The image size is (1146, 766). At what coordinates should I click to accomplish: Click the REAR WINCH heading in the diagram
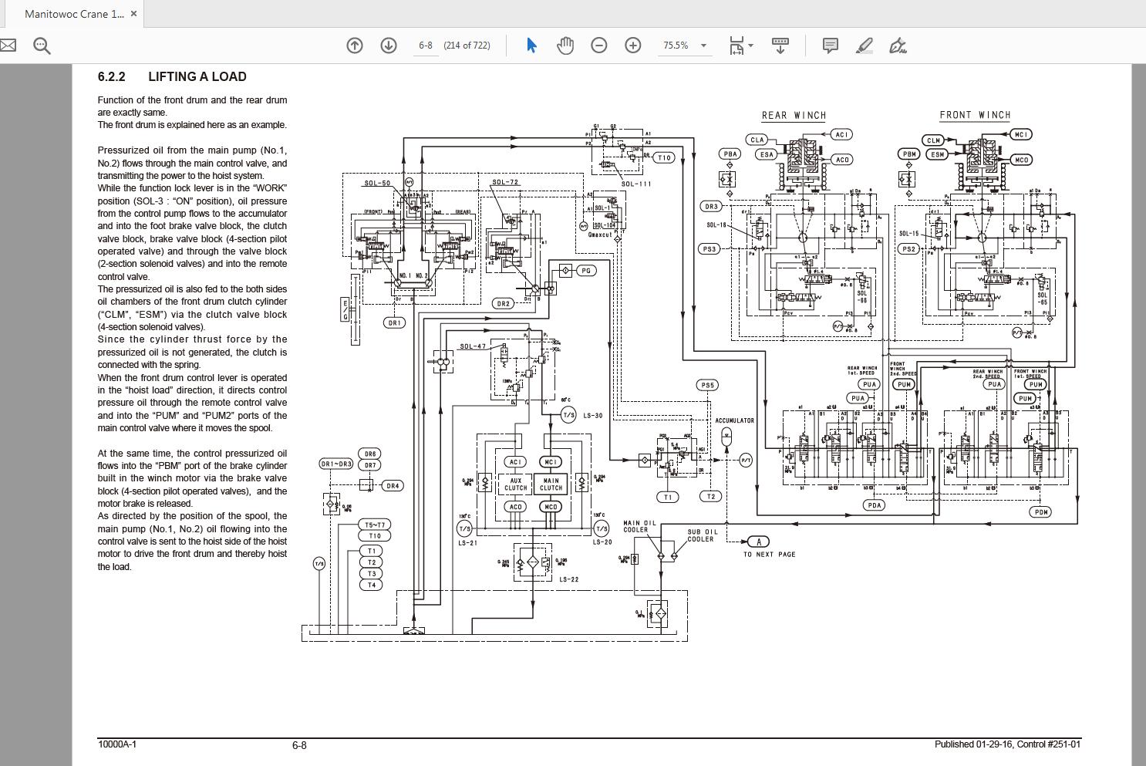[794, 116]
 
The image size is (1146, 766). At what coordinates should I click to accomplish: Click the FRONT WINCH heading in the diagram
[975, 115]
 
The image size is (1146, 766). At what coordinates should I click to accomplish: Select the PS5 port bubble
[707, 385]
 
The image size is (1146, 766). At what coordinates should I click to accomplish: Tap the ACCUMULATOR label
[734, 420]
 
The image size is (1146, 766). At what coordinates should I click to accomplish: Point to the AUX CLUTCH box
[515, 484]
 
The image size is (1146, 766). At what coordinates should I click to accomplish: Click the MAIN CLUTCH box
[551, 484]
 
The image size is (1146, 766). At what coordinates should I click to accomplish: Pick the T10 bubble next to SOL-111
[664, 157]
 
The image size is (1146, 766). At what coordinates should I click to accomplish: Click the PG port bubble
[586, 271]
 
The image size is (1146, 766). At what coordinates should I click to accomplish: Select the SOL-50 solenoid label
[377, 184]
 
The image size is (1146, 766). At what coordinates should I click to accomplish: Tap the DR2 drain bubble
[504, 303]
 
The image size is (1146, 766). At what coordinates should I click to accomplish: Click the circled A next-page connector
[758, 542]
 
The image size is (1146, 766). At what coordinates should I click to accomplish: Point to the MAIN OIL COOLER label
[640, 526]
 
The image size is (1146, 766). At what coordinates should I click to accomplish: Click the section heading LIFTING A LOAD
[197, 76]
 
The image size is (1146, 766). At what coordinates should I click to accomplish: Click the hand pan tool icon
[565, 46]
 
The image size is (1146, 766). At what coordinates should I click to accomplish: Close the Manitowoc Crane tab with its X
[133, 14]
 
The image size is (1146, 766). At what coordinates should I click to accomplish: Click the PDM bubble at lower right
[1041, 511]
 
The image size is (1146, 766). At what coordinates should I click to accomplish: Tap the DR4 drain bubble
[393, 486]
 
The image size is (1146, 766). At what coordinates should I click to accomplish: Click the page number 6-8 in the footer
[299, 745]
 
